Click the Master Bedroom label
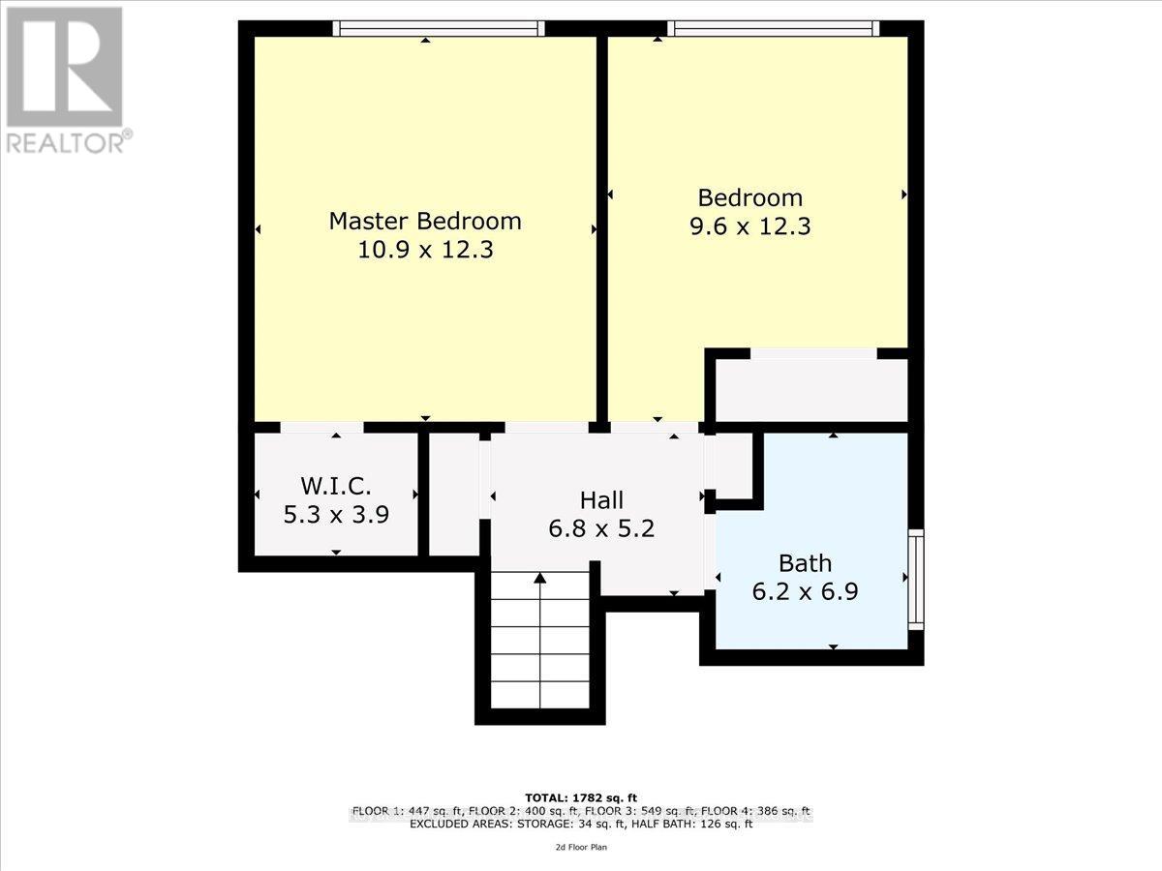coord(425,221)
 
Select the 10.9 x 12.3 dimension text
coord(425,251)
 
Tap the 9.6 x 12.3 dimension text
coord(750,227)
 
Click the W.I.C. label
coord(335,485)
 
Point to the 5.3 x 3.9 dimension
coord(335,514)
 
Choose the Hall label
coord(601,500)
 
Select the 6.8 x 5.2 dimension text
coord(601,529)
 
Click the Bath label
coord(805,562)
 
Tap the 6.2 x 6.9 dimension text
coord(805,591)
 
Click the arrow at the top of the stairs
coord(539,578)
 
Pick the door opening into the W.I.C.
coord(321,428)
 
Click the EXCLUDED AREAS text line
coord(580,825)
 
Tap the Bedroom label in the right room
coord(750,197)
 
